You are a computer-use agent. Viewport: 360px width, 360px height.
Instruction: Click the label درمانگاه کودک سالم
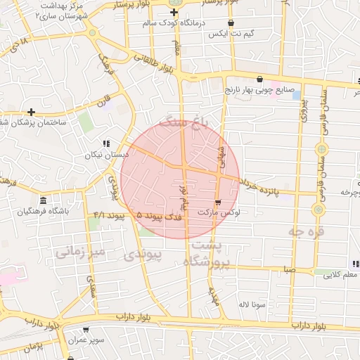pyautogui.click(x=173, y=23)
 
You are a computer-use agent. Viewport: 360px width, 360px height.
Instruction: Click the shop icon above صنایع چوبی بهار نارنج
pyautogui.click(x=260, y=79)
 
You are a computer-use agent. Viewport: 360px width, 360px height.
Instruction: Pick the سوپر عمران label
pyautogui.click(x=86, y=340)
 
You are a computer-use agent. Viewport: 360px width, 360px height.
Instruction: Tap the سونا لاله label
pyautogui.click(x=251, y=304)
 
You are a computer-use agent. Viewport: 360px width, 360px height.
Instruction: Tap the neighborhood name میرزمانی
pyautogui.click(x=82, y=251)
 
